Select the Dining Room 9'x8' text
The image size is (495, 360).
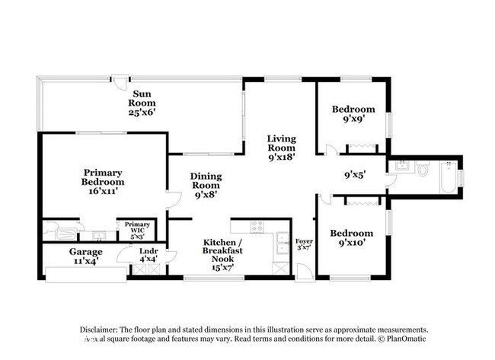[205, 184]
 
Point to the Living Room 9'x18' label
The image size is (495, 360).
[281, 147]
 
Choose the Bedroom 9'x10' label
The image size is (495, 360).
[352, 238]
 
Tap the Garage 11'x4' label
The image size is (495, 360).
[86, 256]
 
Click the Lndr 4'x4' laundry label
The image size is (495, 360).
[148, 256]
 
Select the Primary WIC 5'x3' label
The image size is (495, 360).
[137, 229]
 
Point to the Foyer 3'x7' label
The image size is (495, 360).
[304, 244]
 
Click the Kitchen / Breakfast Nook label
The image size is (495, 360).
[224, 251]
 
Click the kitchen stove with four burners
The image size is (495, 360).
[257, 226]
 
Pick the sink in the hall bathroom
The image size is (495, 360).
[401, 166]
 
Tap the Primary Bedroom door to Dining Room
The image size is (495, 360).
[173, 200]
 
